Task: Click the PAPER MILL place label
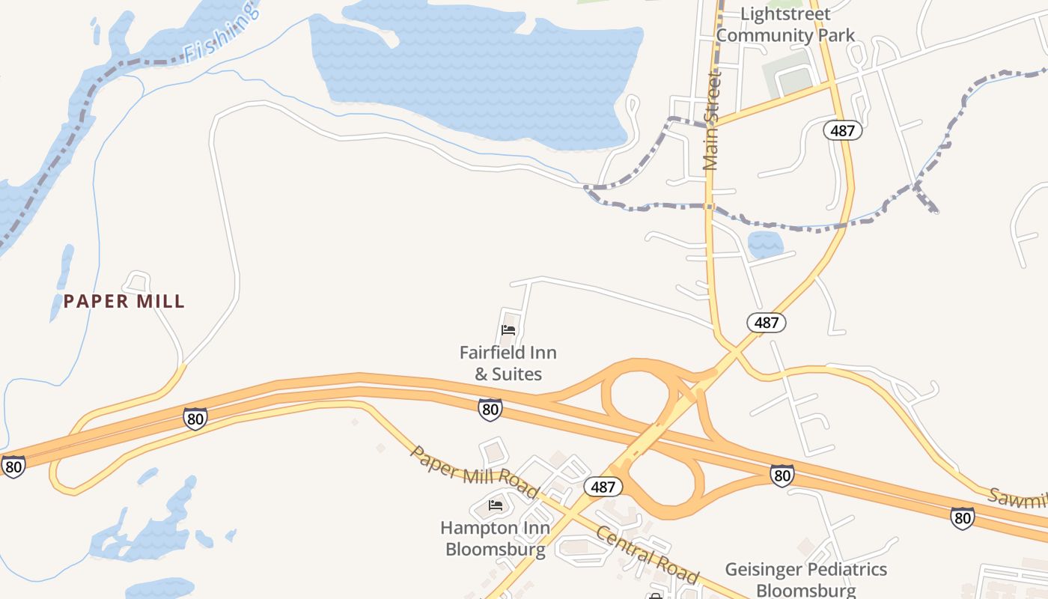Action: click(x=124, y=302)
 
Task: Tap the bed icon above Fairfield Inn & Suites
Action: click(x=508, y=330)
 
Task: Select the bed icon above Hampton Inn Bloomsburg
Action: click(x=495, y=505)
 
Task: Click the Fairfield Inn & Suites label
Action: click(x=508, y=363)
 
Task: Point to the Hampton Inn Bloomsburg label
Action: click(x=495, y=538)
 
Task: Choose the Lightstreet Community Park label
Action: click(x=785, y=25)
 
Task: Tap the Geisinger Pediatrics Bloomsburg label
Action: click(x=806, y=580)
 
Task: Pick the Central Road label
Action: click(x=648, y=556)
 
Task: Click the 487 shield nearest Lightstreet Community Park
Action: click(x=843, y=130)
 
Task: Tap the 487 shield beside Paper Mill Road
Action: click(x=603, y=487)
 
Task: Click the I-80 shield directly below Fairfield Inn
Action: click(x=490, y=410)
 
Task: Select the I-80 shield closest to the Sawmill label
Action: click(x=963, y=517)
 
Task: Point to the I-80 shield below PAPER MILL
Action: click(x=195, y=419)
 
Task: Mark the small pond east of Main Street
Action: click(x=764, y=244)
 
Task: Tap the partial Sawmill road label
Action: click(x=1018, y=499)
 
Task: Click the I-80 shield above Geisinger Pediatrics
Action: click(x=782, y=475)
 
